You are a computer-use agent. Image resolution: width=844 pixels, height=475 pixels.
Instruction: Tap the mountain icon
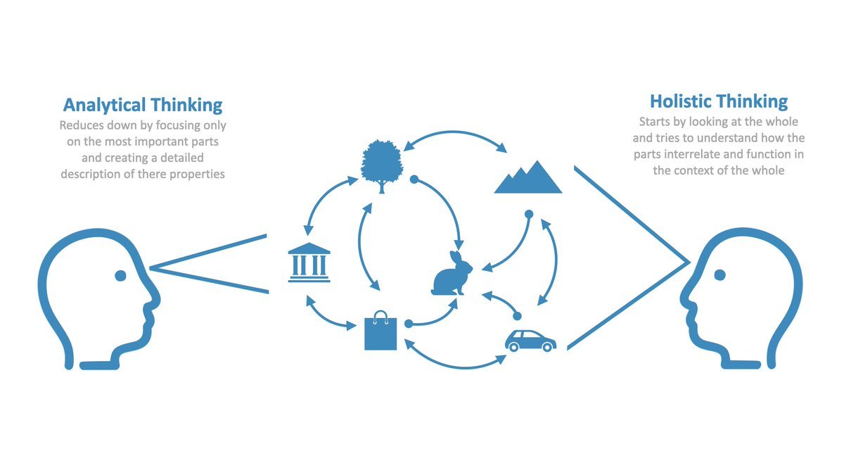(x=528, y=178)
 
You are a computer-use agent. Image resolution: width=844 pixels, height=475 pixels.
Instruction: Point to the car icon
(x=530, y=341)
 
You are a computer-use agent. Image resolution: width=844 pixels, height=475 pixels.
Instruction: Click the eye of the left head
(x=120, y=274)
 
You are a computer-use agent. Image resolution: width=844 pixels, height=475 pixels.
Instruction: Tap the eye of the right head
(x=720, y=274)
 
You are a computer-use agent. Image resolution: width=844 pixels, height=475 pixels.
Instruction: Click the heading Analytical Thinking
(x=143, y=106)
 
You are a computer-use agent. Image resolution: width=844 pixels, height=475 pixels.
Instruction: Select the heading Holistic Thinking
(x=719, y=101)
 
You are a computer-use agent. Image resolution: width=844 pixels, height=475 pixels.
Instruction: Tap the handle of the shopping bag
(x=381, y=315)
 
